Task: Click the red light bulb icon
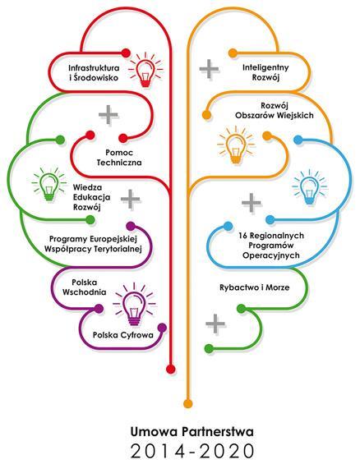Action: click(x=145, y=70)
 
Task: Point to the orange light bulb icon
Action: click(x=236, y=145)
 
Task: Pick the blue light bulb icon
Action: click(x=309, y=187)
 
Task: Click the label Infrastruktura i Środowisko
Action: click(x=94, y=73)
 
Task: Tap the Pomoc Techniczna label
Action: click(x=119, y=158)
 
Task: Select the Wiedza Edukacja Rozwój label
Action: click(x=91, y=197)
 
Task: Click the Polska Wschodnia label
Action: click(x=85, y=287)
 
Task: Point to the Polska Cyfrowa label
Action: click(x=123, y=335)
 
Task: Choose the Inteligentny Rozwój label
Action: click(x=265, y=72)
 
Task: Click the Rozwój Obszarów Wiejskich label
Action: click(x=275, y=110)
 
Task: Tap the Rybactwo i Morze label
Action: click(x=254, y=287)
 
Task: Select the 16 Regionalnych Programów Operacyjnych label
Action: click(x=271, y=246)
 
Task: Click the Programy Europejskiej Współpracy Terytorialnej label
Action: click(x=93, y=244)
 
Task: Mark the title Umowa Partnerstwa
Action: click(x=192, y=432)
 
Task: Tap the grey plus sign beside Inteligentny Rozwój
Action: click(x=210, y=69)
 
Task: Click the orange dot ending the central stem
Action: click(x=187, y=403)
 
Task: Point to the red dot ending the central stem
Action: click(x=170, y=369)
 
